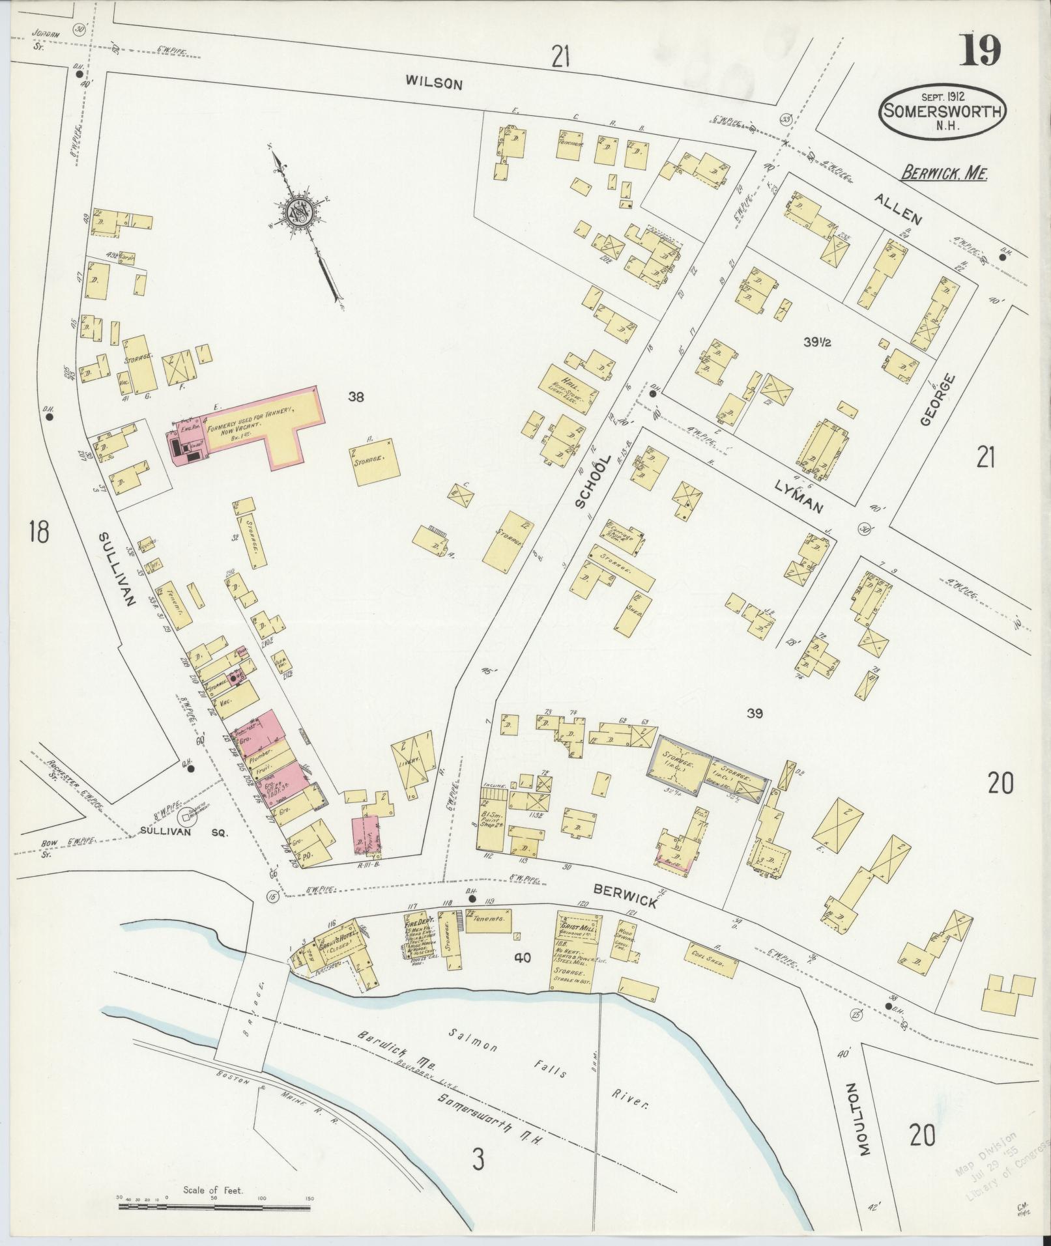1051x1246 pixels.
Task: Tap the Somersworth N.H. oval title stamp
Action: [x=942, y=110]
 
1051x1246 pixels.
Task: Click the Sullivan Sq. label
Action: [x=184, y=832]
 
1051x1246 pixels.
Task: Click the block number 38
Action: [x=356, y=396]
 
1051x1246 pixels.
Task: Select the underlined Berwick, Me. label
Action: [x=944, y=174]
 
